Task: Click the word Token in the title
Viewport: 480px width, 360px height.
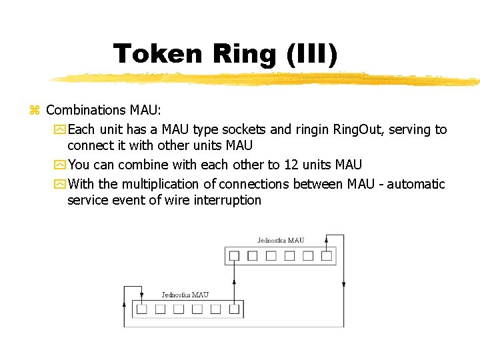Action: pyautogui.click(x=157, y=53)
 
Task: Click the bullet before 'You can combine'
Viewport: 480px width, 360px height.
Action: pyautogui.click(x=61, y=165)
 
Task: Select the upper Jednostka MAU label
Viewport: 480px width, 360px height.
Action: pyautogui.click(x=281, y=241)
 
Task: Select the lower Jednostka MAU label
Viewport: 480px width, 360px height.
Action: pyautogui.click(x=185, y=295)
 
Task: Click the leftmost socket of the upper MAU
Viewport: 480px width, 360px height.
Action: pyautogui.click(x=234, y=255)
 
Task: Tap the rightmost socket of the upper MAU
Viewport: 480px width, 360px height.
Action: pyautogui.click(x=326, y=255)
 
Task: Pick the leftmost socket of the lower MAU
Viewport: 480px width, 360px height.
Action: pyautogui.click(x=141, y=309)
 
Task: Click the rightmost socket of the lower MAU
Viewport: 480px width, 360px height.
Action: pyautogui.click(x=234, y=309)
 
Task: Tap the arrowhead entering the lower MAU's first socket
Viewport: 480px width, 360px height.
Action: pyautogui.click(x=141, y=296)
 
